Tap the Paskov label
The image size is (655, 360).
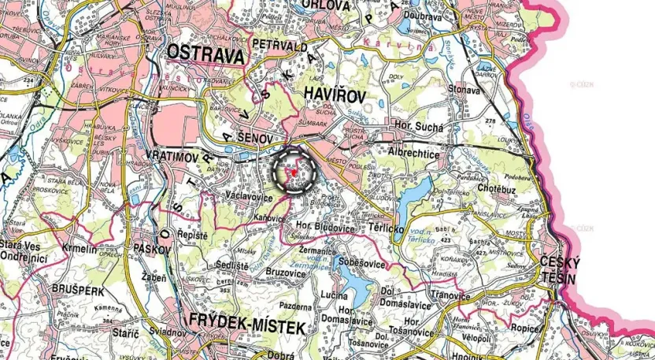tap(154, 248)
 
